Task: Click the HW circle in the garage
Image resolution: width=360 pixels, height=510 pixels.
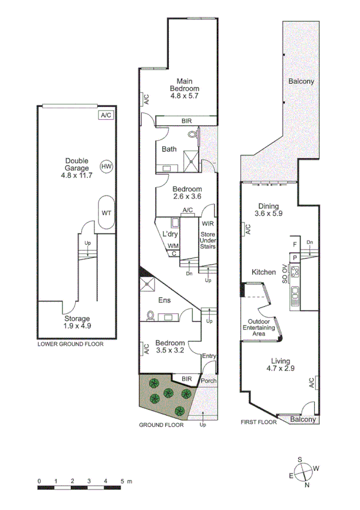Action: click(106, 166)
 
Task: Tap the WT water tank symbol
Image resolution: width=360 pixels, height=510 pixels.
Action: click(106, 212)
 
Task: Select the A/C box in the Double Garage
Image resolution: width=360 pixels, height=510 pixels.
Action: click(106, 115)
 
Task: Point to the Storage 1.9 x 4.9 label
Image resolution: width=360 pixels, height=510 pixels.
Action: click(78, 322)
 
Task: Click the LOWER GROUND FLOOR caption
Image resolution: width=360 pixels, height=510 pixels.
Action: click(70, 345)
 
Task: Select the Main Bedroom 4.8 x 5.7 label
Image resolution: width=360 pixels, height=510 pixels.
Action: click(184, 88)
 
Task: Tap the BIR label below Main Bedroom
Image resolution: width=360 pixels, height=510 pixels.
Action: click(187, 121)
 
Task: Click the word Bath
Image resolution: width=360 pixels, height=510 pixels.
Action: click(169, 149)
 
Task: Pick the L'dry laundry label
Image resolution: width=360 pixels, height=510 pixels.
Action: click(169, 234)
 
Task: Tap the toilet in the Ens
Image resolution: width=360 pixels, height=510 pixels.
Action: click(151, 314)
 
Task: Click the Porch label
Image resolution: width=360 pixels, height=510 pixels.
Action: click(208, 381)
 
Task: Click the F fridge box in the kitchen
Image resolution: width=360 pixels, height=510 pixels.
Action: click(294, 244)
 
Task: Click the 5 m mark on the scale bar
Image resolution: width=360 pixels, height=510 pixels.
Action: click(122, 481)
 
